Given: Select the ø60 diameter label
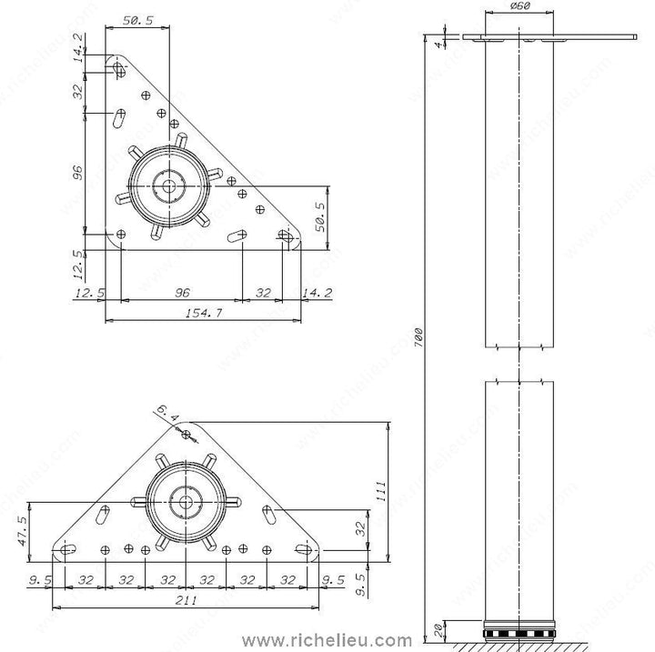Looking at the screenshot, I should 519,9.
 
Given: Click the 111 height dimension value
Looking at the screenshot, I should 382,491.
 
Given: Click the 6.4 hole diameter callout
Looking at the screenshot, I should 168,419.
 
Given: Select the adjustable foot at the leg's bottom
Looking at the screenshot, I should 519,630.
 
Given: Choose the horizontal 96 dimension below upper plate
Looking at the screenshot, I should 181,293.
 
